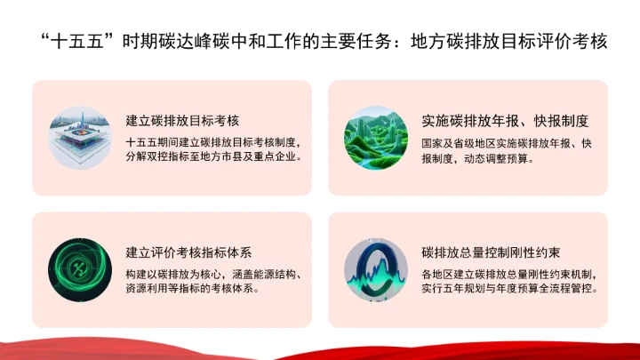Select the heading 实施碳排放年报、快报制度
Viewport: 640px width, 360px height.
[x=506, y=121]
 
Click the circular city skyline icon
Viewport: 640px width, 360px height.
[x=79, y=138]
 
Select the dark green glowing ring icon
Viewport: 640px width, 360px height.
[x=79, y=269]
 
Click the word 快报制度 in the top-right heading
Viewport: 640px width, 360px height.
[x=562, y=121]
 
